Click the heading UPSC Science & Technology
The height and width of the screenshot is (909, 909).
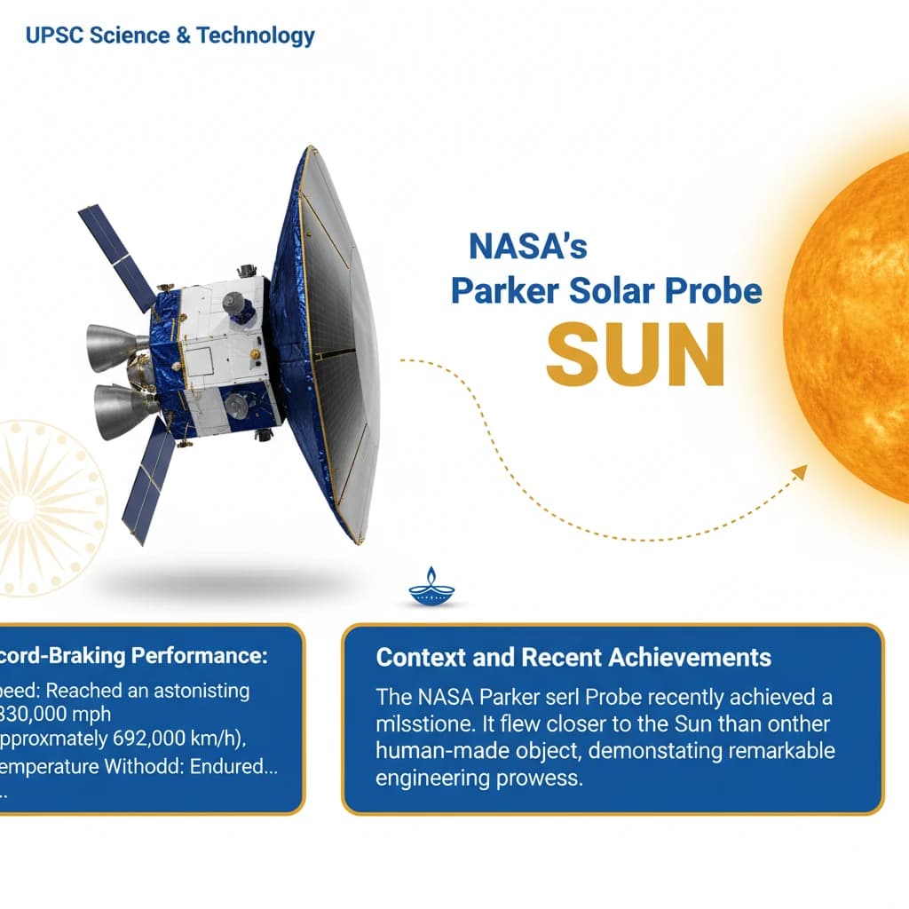point(170,36)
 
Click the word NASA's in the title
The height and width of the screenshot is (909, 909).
point(527,245)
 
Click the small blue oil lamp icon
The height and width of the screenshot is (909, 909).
point(431,588)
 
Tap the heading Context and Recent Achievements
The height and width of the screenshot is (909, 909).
point(573,658)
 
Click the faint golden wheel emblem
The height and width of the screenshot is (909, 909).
point(44,506)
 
